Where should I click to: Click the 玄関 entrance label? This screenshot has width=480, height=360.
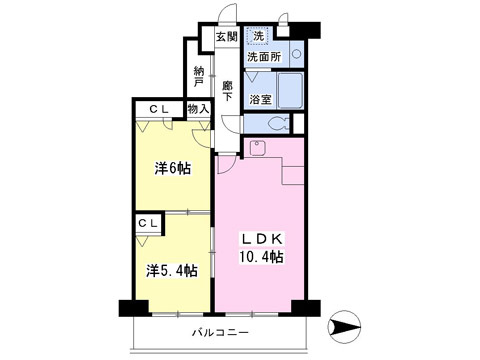click(x=227, y=36)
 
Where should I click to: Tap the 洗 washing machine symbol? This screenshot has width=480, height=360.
click(x=258, y=36)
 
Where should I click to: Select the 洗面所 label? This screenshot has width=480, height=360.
click(x=264, y=57)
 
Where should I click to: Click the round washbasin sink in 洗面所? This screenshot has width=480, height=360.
click(x=296, y=54)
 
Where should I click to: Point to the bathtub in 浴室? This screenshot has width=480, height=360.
click(x=290, y=91)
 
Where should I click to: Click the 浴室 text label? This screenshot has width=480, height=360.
click(x=260, y=99)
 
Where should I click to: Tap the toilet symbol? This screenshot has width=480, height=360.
click(x=279, y=124)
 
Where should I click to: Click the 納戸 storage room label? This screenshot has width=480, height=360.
click(x=199, y=77)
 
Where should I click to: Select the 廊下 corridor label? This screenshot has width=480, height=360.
click(x=228, y=91)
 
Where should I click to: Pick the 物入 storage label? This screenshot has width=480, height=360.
click(x=198, y=109)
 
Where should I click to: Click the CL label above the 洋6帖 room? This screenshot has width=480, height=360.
click(x=159, y=109)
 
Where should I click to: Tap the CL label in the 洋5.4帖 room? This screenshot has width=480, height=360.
click(x=148, y=224)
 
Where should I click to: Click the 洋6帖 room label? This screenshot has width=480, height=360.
click(x=173, y=168)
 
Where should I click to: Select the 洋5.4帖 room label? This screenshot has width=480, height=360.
click(x=172, y=271)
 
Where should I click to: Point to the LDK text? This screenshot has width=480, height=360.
click(x=262, y=239)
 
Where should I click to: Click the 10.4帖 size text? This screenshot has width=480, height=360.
click(x=261, y=257)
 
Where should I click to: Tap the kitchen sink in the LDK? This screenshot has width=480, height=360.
click(x=257, y=148)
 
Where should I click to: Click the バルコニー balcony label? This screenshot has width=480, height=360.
click(x=220, y=332)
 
